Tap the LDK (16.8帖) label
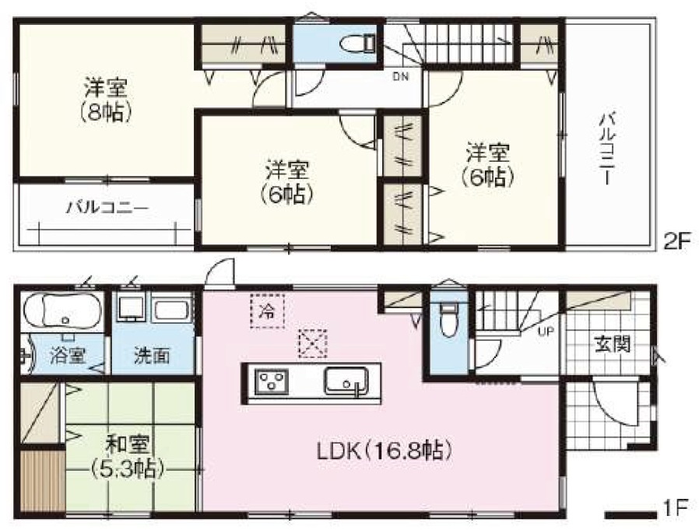385,451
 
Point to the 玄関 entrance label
613,343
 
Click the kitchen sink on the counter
347,381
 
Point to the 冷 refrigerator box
267,311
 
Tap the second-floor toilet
358,44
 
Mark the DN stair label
400,76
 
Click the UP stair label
545,332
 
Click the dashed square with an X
312,344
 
